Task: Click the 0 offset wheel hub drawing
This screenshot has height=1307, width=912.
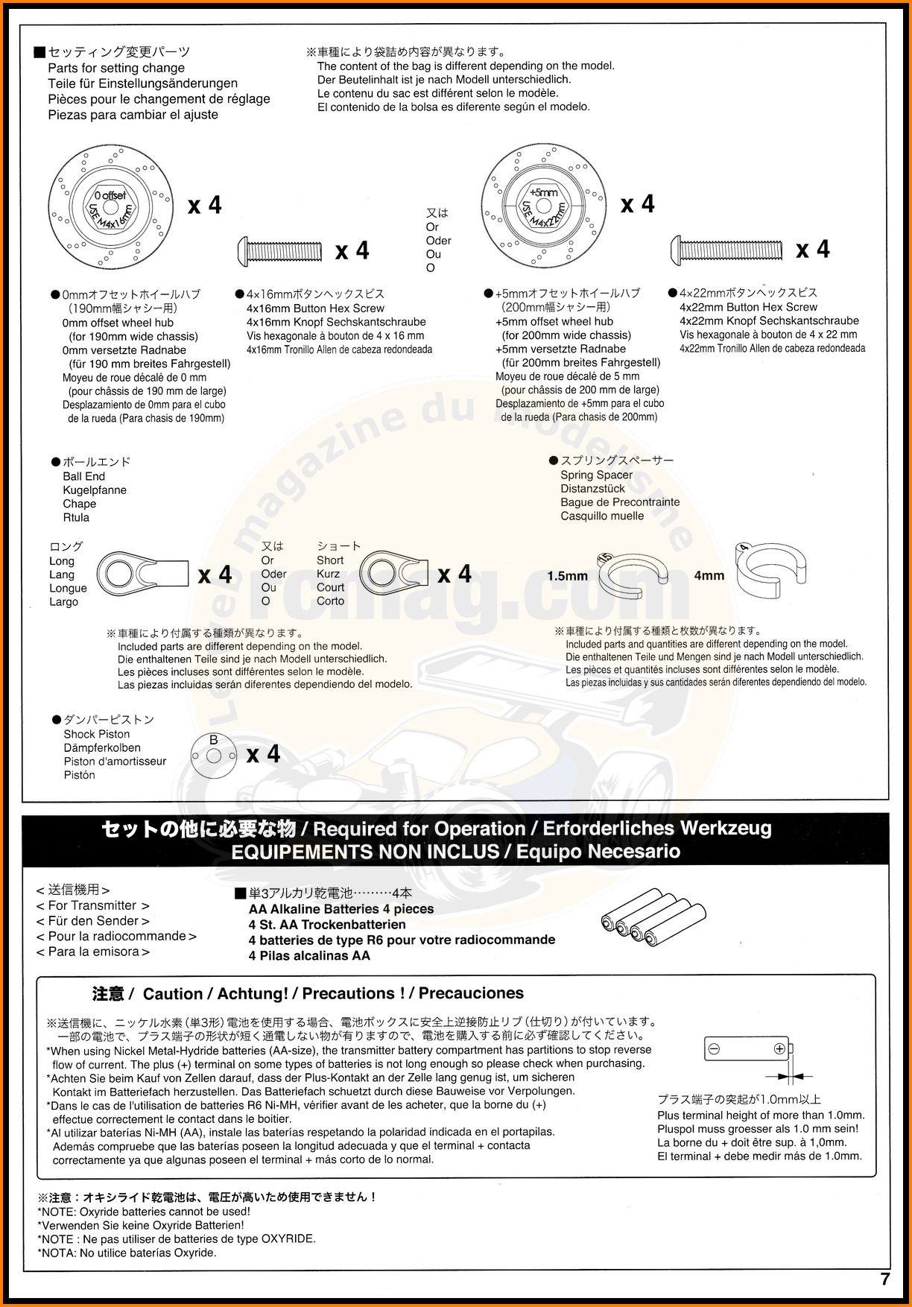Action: pyautogui.click(x=110, y=203)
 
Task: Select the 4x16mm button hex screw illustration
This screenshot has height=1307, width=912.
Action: pyautogui.click(x=280, y=250)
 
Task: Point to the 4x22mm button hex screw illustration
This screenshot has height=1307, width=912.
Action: pyautogui.click(x=728, y=248)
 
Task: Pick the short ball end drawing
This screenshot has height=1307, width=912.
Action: pyautogui.click(x=394, y=573)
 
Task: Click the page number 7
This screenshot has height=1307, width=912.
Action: pyautogui.click(x=884, y=1279)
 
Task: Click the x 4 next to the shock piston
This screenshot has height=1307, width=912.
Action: pyautogui.click(x=263, y=754)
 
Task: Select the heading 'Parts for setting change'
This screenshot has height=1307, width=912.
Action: pyautogui.click(x=116, y=68)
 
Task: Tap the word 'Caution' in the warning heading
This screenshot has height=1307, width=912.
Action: pyautogui.click(x=172, y=994)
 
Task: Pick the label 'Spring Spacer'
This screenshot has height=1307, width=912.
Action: pyautogui.click(x=596, y=475)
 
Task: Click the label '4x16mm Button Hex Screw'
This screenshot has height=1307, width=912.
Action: pyautogui.click(x=315, y=308)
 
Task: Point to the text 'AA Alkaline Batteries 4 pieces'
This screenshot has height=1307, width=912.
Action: pyautogui.click(x=341, y=909)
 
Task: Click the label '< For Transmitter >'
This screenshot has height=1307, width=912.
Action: pyautogui.click(x=93, y=905)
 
